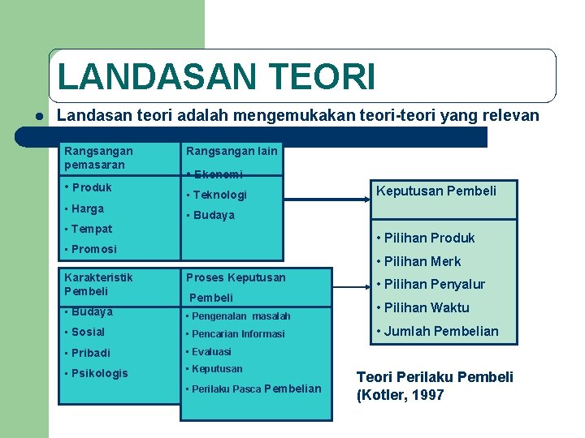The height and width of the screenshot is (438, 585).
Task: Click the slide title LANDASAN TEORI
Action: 216,77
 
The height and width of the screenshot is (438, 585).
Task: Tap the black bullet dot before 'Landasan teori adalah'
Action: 38,116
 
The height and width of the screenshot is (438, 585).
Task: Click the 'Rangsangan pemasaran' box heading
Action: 98,157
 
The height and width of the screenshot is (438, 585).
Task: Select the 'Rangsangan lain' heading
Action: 232,151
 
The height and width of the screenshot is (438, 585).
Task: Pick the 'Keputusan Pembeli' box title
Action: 435,191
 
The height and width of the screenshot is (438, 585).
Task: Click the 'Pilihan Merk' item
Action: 418,261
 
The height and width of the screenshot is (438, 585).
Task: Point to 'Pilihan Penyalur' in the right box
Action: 430,284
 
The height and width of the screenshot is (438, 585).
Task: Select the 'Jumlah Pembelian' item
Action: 436,331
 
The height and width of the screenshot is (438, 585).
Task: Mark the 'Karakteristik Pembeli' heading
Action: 98,284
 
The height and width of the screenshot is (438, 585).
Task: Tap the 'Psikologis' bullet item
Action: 96,373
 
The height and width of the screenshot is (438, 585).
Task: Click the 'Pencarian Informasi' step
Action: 236,333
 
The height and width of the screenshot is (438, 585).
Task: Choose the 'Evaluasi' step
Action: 209,351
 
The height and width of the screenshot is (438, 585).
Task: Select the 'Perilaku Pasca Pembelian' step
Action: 253,389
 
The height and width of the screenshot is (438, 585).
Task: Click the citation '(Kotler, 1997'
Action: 401,396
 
